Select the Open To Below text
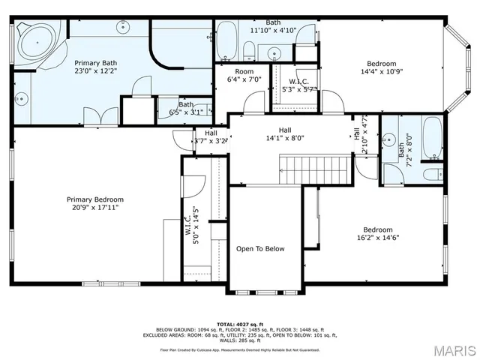260,249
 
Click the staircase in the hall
316,169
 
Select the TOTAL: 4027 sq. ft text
240,323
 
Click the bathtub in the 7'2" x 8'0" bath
432,139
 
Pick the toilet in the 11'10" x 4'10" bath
247,51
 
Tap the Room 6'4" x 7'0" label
244,75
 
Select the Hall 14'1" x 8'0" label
285,133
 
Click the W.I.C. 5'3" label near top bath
294,85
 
